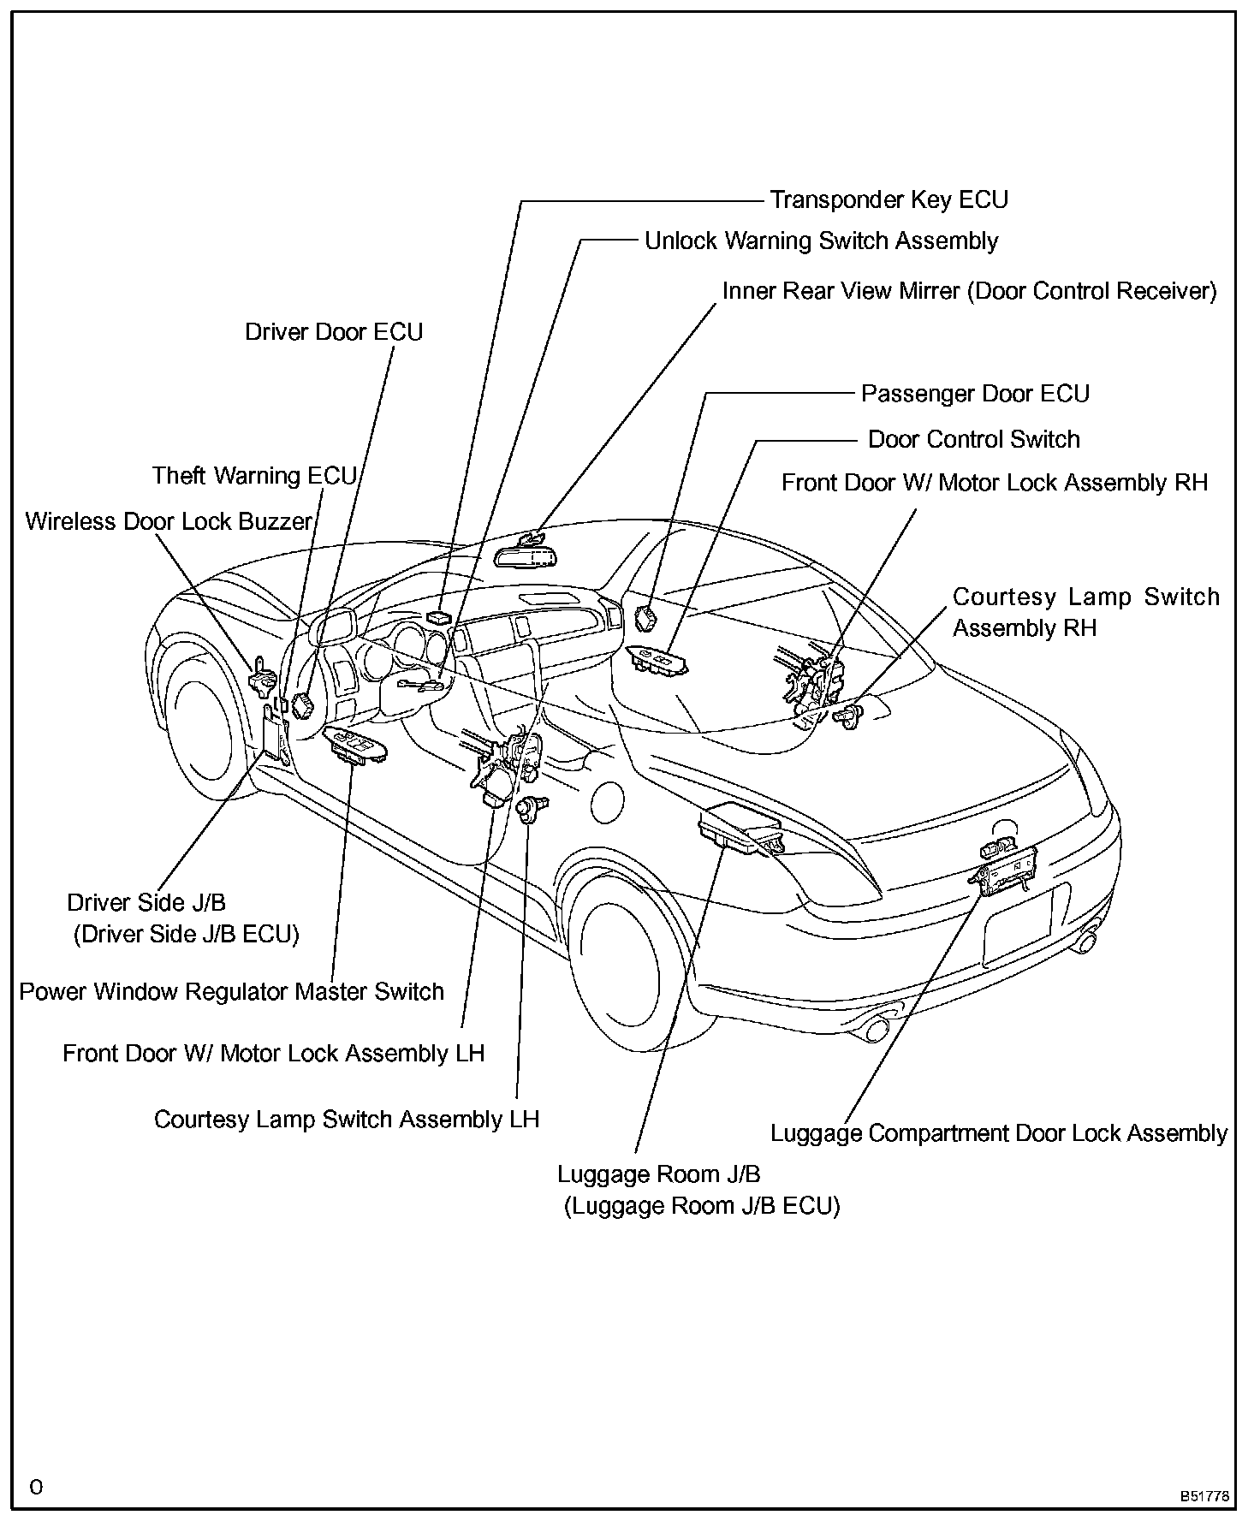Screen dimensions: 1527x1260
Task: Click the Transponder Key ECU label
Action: coord(889,200)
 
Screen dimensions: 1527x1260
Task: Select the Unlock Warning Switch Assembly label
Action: coord(821,241)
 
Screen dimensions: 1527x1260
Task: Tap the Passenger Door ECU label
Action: coord(975,394)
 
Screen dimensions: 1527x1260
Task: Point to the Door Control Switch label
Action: coord(974,440)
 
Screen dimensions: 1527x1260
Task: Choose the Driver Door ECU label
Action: coord(334,332)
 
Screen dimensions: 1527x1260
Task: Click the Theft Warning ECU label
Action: coord(254,476)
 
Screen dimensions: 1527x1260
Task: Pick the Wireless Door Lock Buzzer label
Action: coord(169,521)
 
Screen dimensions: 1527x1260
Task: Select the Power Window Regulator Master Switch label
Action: coord(231,992)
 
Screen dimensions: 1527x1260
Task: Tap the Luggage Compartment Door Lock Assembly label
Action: coord(999,1133)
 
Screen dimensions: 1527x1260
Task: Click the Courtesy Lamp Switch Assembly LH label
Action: coord(347,1120)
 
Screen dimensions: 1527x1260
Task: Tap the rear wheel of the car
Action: coord(622,954)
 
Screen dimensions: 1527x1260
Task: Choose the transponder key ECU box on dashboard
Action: coord(440,616)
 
